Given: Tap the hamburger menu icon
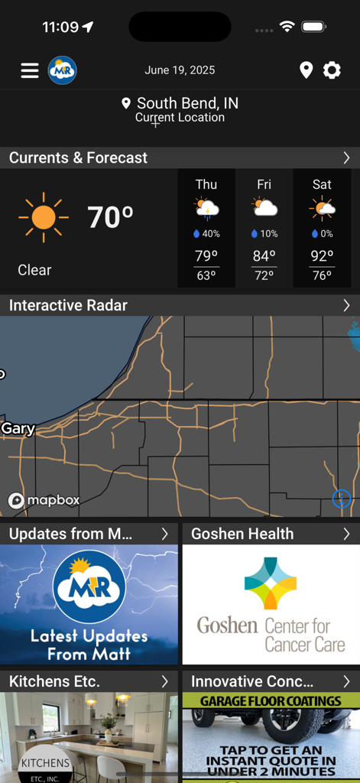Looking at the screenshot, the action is [x=30, y=70].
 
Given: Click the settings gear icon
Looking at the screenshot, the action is [x=332, y=70].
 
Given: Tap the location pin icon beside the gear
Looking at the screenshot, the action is [x=306, y=70].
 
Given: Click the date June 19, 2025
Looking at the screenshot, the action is [x=180, y=70].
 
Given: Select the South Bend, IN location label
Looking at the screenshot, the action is [x=187, y=103].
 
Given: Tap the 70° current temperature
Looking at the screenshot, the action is [x=110, y=218].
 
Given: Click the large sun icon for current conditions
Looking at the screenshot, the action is [x=44, y=218].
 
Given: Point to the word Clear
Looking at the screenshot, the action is [x=34, y=270].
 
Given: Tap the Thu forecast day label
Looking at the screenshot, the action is [x=206, y=184].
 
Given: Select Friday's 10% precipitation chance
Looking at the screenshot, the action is [x=264, y=234].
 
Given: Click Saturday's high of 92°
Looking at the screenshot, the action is [x=322, y=256].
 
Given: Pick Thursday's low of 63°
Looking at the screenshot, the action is [x=206, y=275].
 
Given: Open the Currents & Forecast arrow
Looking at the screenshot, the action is [x=346, y=158].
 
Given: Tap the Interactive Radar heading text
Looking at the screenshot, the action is [x=69, y=305].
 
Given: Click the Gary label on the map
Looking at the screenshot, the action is [x=18, y=428].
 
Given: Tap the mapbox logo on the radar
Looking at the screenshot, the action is [x=44, y=500].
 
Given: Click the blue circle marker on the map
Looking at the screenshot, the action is [x=342, y=499].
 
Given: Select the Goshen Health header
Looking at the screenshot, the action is [x=242, y=534].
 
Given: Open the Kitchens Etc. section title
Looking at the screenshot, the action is [x=54, y=681].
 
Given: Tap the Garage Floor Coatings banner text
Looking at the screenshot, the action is [x=271, y=700].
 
